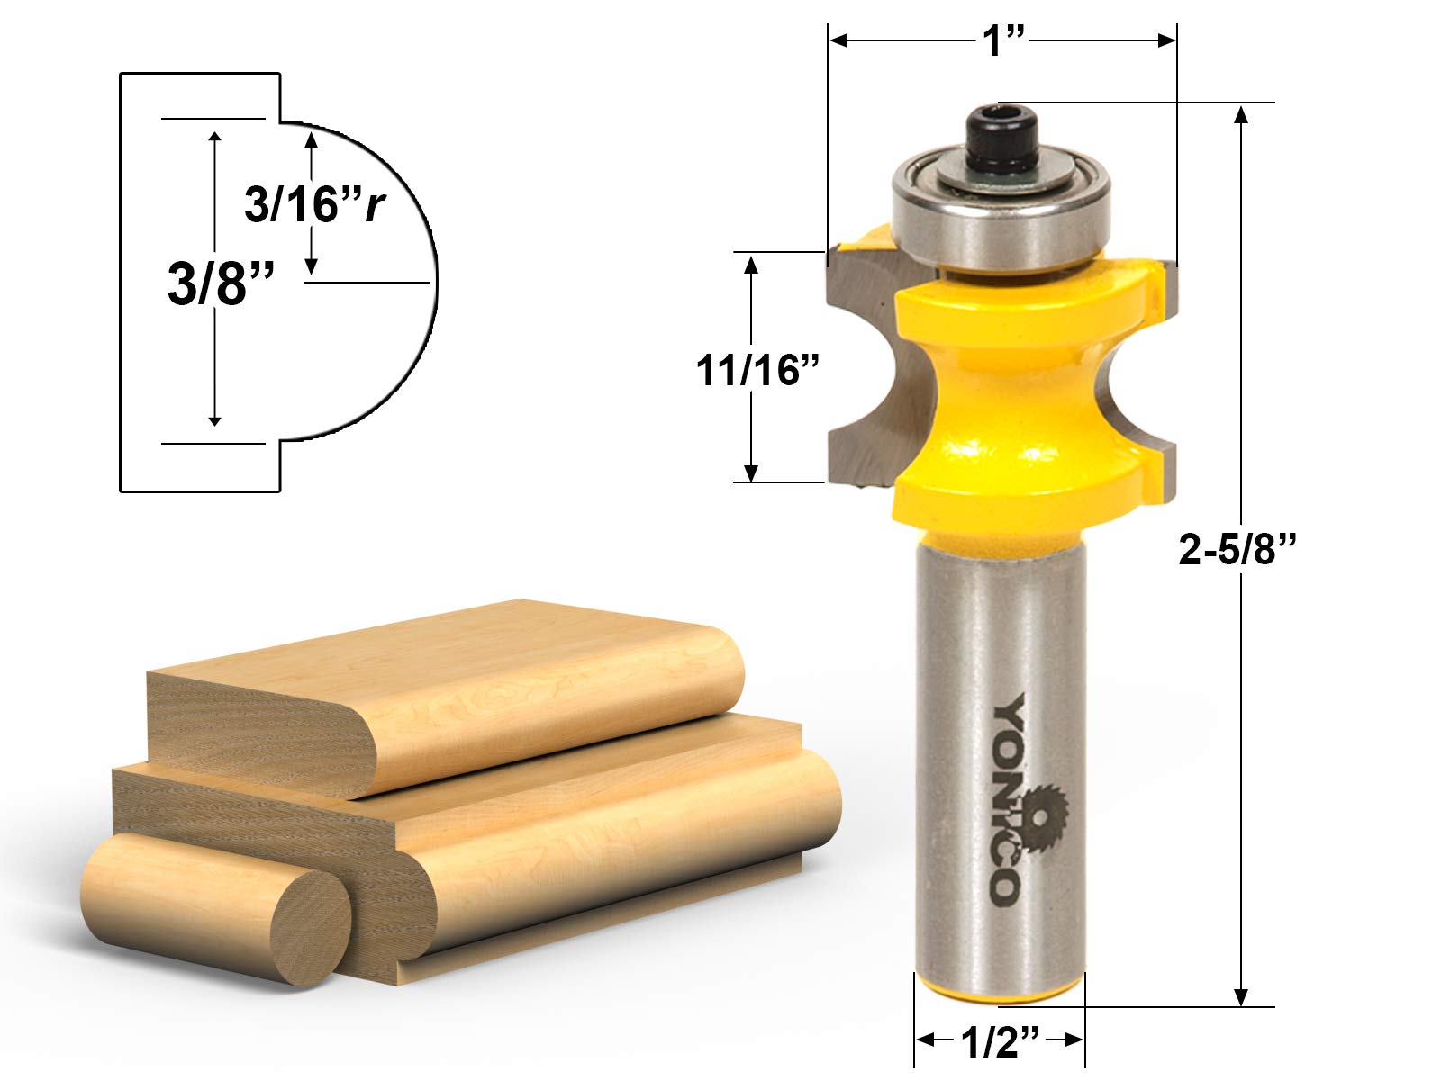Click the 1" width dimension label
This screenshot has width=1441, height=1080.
pos(1002,40)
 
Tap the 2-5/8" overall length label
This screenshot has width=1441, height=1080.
pos(1237,548)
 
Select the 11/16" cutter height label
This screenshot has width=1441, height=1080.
pos(757,370)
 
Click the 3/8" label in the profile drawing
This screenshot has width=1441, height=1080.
pos(220,283)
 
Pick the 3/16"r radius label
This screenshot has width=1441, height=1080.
pos(314,203)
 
